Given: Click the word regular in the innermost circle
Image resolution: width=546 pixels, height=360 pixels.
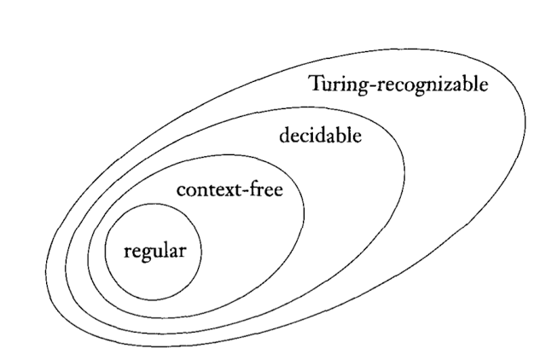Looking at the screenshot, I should (x=154, y=252).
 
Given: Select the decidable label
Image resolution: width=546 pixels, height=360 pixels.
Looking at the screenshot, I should (x=320, y=136).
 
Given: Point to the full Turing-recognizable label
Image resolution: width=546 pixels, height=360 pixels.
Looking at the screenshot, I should (x=398, y=85).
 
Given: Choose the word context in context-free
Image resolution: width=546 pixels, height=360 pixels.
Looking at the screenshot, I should (x=206, y=189).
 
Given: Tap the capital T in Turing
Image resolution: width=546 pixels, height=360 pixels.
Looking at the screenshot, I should (x=315, y=84).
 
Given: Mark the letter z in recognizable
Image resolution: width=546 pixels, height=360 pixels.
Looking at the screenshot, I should (x=446, y=86).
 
